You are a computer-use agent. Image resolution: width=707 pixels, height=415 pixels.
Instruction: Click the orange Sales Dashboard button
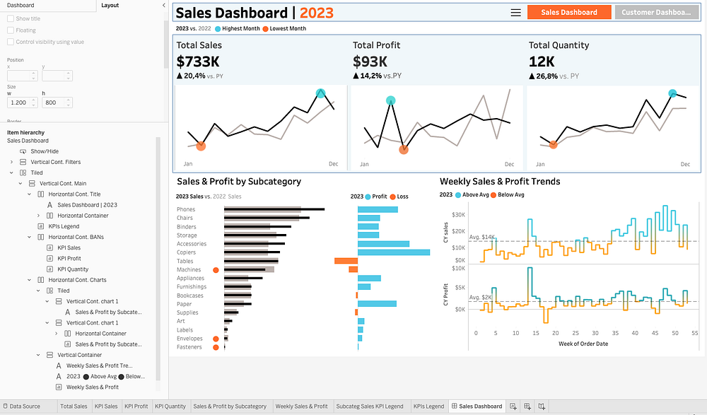click(x=569, y=12)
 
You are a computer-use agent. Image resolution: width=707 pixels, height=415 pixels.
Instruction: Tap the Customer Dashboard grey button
click(x=657, y=12)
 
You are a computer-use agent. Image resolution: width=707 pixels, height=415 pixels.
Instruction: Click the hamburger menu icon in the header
click(x=516, y=13)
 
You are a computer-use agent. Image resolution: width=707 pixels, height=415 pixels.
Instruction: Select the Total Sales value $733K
click(x=199, y=62)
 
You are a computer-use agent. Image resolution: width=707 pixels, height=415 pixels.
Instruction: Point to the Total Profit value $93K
click(x=370, y=62)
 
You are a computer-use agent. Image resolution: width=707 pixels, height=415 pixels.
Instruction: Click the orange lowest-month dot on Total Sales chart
click(x=201, y=146)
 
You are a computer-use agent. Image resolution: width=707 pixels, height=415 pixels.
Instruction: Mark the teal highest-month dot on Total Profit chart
click(x=390, y=100)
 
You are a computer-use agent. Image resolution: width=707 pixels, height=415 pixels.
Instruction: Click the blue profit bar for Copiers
click(x=394, y=252)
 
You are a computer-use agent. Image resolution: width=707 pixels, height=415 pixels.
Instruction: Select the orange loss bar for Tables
click(x=346, y=261)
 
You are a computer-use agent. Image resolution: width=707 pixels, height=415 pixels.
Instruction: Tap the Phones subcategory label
click(x=186, y=209)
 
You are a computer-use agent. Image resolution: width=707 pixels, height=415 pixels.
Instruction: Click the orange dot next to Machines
click(x=216, y=270)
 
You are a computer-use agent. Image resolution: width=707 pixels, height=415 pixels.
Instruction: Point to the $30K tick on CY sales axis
click(x=459, y=215)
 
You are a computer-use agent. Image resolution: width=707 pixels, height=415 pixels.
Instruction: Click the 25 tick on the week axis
click(x=575, y=333)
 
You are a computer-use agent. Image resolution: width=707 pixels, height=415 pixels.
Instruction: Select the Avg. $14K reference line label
click(x=482, y=237)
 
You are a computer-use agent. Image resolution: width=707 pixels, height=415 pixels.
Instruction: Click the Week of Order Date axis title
click(x=583, y=344)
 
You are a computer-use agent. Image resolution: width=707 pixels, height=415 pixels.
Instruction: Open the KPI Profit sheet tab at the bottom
click(x=136, y=406)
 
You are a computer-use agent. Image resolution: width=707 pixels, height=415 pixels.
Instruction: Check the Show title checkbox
click(x=11, y=18)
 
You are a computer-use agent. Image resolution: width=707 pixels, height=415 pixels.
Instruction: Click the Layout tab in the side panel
click(x=110, y=6)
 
